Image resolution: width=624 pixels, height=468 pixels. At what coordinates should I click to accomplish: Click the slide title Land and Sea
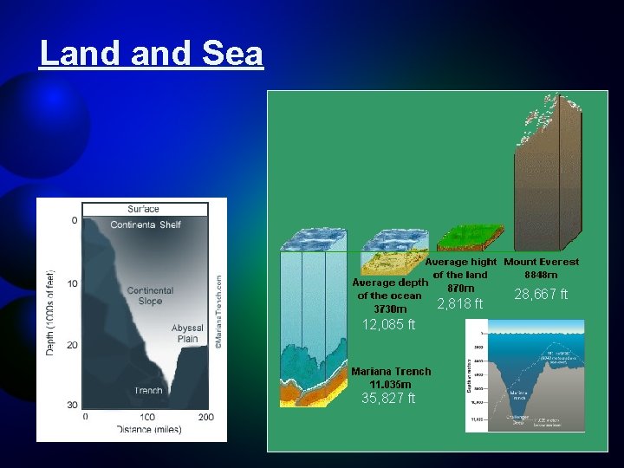151,54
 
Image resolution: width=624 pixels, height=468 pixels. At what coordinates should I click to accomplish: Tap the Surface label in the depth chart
143,209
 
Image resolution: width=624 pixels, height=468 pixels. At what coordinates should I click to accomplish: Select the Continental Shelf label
146,224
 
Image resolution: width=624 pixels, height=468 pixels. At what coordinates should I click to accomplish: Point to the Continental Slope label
150,296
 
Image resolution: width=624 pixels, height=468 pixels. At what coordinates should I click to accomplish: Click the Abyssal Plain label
188,334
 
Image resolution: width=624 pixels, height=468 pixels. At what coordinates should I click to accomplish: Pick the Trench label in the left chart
148,390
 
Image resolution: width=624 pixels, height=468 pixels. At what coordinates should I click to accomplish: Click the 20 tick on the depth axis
74,345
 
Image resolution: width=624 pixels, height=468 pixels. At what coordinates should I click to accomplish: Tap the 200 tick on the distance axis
206,417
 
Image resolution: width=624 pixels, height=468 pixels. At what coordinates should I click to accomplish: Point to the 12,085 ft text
389,325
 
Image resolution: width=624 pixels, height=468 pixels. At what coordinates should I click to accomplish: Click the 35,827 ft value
389,398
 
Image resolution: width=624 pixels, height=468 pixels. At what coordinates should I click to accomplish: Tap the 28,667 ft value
541,295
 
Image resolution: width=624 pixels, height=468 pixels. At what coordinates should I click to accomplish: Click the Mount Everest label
542,262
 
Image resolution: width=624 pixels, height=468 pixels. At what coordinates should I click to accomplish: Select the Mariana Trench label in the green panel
391,371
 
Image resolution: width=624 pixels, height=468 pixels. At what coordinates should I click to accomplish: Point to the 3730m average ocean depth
389,309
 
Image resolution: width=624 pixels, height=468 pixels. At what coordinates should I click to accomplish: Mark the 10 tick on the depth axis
74,283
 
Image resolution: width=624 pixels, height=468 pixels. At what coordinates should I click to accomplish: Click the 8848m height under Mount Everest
542,275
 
